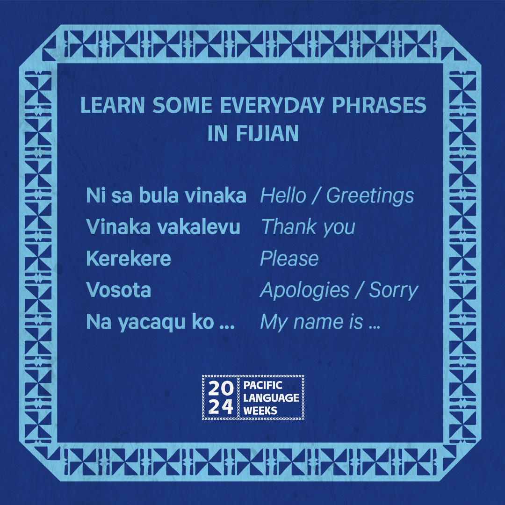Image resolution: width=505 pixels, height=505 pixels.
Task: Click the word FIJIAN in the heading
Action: point(267,133)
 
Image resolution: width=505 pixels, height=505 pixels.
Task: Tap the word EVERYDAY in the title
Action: point(272,105)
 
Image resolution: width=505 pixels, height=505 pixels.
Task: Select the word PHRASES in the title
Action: point(379,105)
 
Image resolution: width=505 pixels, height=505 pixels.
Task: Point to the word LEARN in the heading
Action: point(112,105)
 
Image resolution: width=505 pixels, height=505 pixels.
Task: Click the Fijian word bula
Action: point(159,195)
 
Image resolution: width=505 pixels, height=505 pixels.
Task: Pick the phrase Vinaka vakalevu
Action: point(163,227)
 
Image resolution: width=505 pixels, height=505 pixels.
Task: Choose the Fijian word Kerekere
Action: point(129,258)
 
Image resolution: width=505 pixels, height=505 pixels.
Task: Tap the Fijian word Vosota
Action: point(118,290)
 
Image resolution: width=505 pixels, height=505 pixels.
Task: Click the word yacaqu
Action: point(151,323)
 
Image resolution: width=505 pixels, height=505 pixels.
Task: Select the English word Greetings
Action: point(370,196)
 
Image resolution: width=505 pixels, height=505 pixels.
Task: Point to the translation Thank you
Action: point(308,227)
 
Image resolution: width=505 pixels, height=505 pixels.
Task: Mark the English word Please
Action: point(289,258)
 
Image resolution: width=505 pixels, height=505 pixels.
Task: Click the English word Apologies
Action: point(304,291)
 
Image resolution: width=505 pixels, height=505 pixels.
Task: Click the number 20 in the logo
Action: point(221,389)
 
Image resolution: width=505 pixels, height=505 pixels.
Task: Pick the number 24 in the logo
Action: point(221,407)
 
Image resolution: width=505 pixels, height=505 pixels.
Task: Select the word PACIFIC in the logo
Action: point(263,385)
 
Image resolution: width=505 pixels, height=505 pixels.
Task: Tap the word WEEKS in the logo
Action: point(260,411)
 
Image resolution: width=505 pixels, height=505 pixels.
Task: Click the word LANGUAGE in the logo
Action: point(271,398)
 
